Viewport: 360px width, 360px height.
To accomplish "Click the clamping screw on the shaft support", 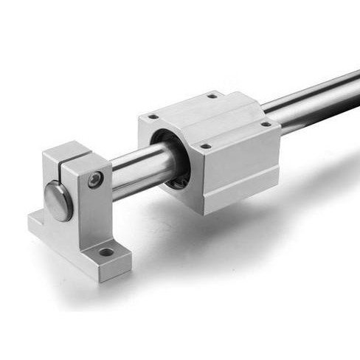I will click(94, 179).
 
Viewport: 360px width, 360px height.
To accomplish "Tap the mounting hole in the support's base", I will click(106, 252).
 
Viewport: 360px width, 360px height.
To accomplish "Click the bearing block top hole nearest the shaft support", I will click(153, 117).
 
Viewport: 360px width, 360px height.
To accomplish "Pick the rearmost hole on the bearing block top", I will click(212, 95).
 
